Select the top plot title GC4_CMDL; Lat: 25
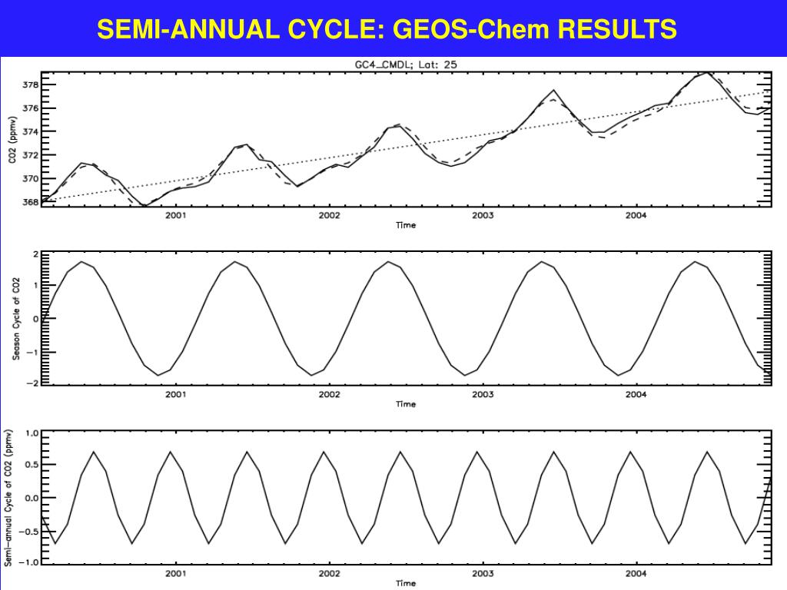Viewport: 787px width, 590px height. coord(406,65)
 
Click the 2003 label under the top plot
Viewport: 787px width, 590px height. coord(483,216)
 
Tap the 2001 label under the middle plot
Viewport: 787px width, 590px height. coord(176,394)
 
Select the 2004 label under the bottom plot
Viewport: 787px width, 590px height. coord(636,573)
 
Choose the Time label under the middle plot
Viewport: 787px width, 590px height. coord(406,404)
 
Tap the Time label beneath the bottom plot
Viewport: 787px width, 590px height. coord(406,583)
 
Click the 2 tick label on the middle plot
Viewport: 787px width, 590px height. coord(35,254)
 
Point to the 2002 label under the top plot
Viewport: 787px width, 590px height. coord(330,216)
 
